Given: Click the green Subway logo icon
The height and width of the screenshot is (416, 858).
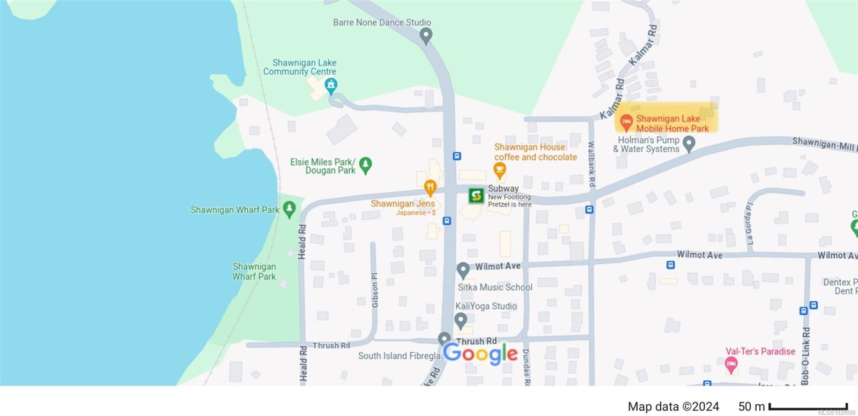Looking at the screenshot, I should pos(476,196).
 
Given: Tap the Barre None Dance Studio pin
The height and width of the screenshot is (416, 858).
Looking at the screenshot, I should pos(426,36).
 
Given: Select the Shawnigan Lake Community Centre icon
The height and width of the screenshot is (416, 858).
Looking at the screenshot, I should pos(331,85).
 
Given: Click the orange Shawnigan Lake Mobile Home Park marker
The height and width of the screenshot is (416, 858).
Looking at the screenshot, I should pos(626,122).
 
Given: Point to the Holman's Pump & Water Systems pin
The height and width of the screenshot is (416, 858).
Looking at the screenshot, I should pos(689,144).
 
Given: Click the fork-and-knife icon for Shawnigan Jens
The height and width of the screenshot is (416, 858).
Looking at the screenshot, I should pos(430,188).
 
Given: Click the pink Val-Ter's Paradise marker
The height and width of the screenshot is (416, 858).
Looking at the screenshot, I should pos(731,366).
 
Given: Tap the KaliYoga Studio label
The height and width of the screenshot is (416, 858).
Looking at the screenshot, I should pos(486,306).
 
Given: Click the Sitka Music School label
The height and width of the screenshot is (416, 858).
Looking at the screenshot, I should pos(494,287).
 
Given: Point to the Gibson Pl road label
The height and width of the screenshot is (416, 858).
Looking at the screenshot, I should pos(375,290).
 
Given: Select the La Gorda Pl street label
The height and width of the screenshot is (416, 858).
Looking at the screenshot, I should pos(749,224).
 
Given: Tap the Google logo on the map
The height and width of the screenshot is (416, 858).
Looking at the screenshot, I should pos(480,353).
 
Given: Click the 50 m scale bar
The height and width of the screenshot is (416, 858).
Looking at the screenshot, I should pos(808,407).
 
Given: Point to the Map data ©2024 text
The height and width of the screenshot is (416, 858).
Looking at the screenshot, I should pos(673,407).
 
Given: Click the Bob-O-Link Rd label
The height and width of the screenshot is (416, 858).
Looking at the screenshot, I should pos(805,355).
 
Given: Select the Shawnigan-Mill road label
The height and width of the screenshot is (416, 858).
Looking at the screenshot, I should pos(824,144).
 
